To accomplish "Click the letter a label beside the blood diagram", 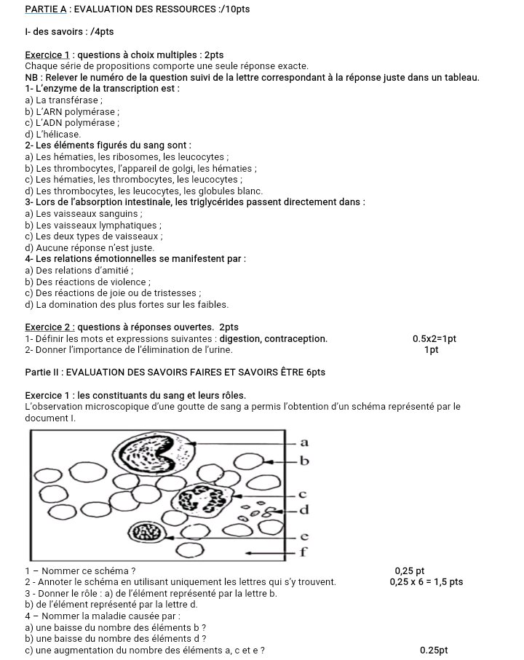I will [x=304, y=442].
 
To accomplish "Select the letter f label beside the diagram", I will [x=304, y=552].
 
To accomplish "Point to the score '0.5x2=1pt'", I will [x=434, y=338].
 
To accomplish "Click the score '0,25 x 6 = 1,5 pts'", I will [x=426, y=581].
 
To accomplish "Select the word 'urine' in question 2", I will [x=219, y=349].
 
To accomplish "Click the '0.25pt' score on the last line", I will [x=434, y=650].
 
